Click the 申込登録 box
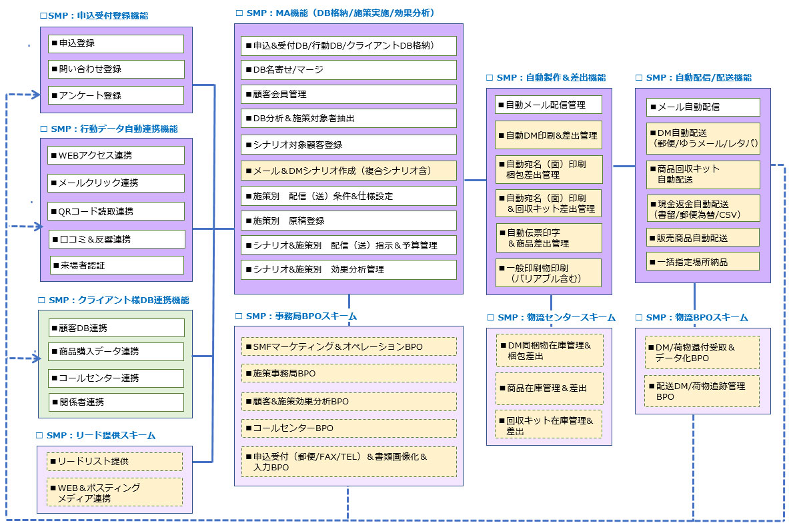115,43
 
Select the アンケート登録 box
115,95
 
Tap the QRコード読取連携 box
115,211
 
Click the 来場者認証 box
117,265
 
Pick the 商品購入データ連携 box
115,351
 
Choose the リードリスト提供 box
115,461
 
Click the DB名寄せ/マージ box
348,70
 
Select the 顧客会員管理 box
348,95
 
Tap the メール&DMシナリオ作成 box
348,171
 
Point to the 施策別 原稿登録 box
348,221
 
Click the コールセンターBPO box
348,428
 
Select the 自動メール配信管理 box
548,105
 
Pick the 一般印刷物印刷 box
548,272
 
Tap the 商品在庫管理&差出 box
549,388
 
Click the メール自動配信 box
703,107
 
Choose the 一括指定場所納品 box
703,261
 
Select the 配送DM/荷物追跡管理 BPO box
702,391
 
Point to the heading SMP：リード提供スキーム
96,435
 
